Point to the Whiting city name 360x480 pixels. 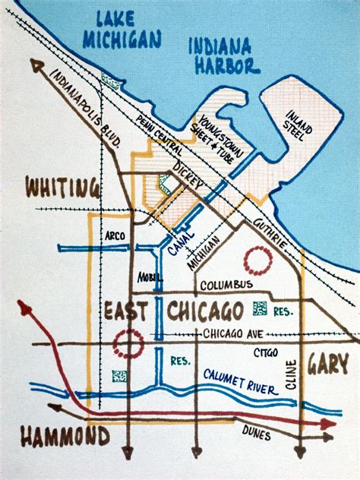(x=62, y=188)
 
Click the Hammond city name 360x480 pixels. (x=65, y=437)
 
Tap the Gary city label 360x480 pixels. (x=328, y=365)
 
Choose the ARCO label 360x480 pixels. (x=115, y=235)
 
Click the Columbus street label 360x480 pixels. (x=226, y=285)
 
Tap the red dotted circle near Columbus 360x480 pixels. (x=257, y=261)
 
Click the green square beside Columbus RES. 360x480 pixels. (x=259, y=310)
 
